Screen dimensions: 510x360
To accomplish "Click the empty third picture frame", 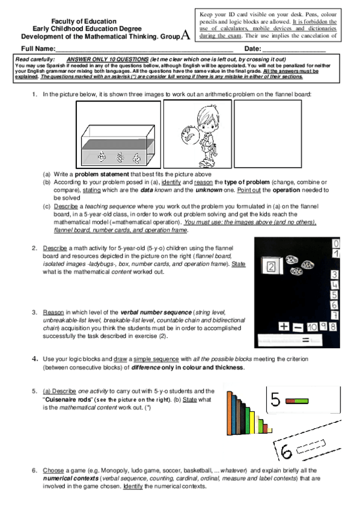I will pyautogui.click(x=251, y=135).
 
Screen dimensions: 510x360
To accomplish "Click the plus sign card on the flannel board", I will pyautogui.click(x=284, y=326).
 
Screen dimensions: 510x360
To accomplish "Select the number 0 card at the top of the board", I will pyautogui.click(x=336, y=244).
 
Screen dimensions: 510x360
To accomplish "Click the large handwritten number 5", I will pyautogui.click(x=275, y=401).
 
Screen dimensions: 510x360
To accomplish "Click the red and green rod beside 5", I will pyautogui.click(x=296, y=401).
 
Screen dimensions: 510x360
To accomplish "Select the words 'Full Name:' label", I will pyautogui.click(x=38, y=48).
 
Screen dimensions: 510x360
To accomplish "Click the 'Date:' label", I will pyautogui.click(x=252, y=48).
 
